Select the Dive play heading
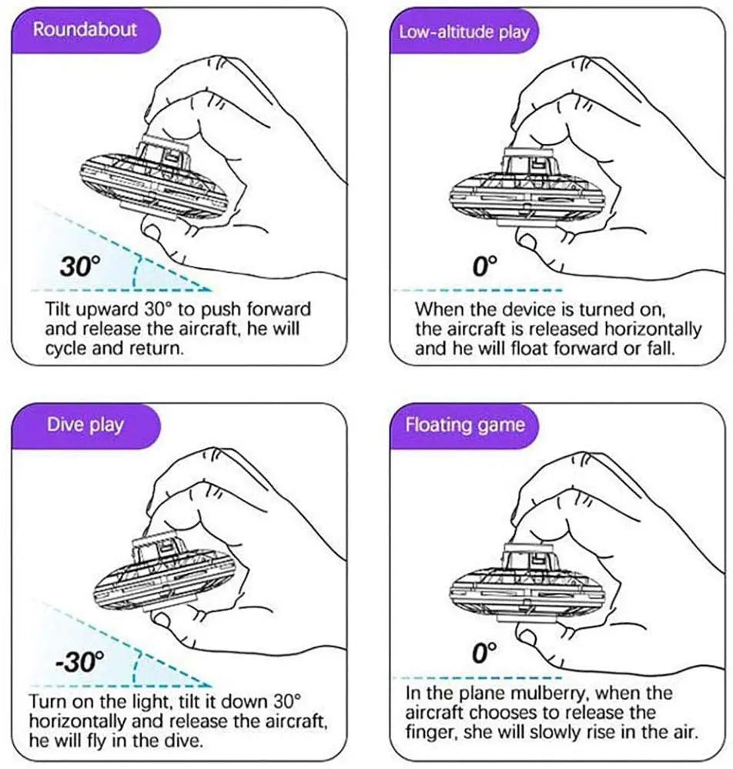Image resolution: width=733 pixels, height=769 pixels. [x=85, y=425]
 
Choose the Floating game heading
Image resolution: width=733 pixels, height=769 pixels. [x=465, y=425]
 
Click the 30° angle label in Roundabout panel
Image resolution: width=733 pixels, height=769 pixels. [x=80, y=267]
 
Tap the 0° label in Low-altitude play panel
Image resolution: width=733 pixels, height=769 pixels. [x=485, y=267]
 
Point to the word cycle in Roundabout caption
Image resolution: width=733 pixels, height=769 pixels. [x=66, y=348]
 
